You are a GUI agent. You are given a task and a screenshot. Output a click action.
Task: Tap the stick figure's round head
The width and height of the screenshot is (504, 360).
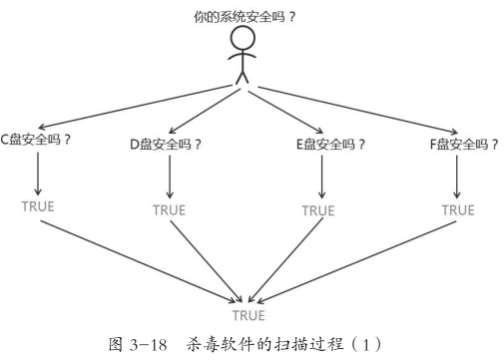point(243,39)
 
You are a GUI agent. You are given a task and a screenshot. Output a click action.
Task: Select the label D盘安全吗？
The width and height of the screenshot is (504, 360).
point(168,143)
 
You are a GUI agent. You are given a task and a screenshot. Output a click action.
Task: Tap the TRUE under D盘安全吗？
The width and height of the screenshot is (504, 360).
point(169,210)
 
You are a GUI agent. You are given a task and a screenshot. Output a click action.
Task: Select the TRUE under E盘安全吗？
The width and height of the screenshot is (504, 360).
point(318,210)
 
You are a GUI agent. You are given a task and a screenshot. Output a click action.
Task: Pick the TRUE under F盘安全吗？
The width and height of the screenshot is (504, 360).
point(458,209)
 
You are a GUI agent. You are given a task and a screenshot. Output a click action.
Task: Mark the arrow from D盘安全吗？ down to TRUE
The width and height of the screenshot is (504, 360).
point(169,177)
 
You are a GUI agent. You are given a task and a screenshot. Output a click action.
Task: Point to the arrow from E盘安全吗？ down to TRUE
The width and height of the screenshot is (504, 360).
point(319,177)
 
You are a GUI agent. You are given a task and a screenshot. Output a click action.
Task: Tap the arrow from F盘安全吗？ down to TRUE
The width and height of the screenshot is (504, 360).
point(458,176)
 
